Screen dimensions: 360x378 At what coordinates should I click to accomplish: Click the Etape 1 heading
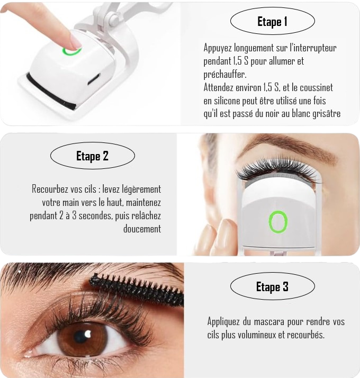tap(272, 22)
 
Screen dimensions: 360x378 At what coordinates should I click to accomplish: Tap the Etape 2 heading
tap(92, 156)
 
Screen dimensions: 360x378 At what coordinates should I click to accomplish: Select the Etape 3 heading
tap(272, 287)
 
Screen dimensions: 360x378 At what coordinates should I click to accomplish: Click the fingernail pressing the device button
tap(76, 41)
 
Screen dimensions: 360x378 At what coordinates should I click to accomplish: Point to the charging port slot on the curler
tap(94, 79)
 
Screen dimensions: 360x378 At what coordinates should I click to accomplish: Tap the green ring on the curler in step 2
tap(278, 222)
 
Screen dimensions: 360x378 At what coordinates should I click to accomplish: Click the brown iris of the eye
tap(82, 338)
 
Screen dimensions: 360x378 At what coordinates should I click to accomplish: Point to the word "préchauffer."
tap(224, 74)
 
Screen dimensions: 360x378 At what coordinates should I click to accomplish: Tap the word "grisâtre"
tap(327, 113)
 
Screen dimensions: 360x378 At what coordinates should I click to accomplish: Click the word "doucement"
tap(142, 229)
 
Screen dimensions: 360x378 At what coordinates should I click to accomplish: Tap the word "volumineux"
tap(257, 335)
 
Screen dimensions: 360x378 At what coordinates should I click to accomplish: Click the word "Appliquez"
tap(223, 321)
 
